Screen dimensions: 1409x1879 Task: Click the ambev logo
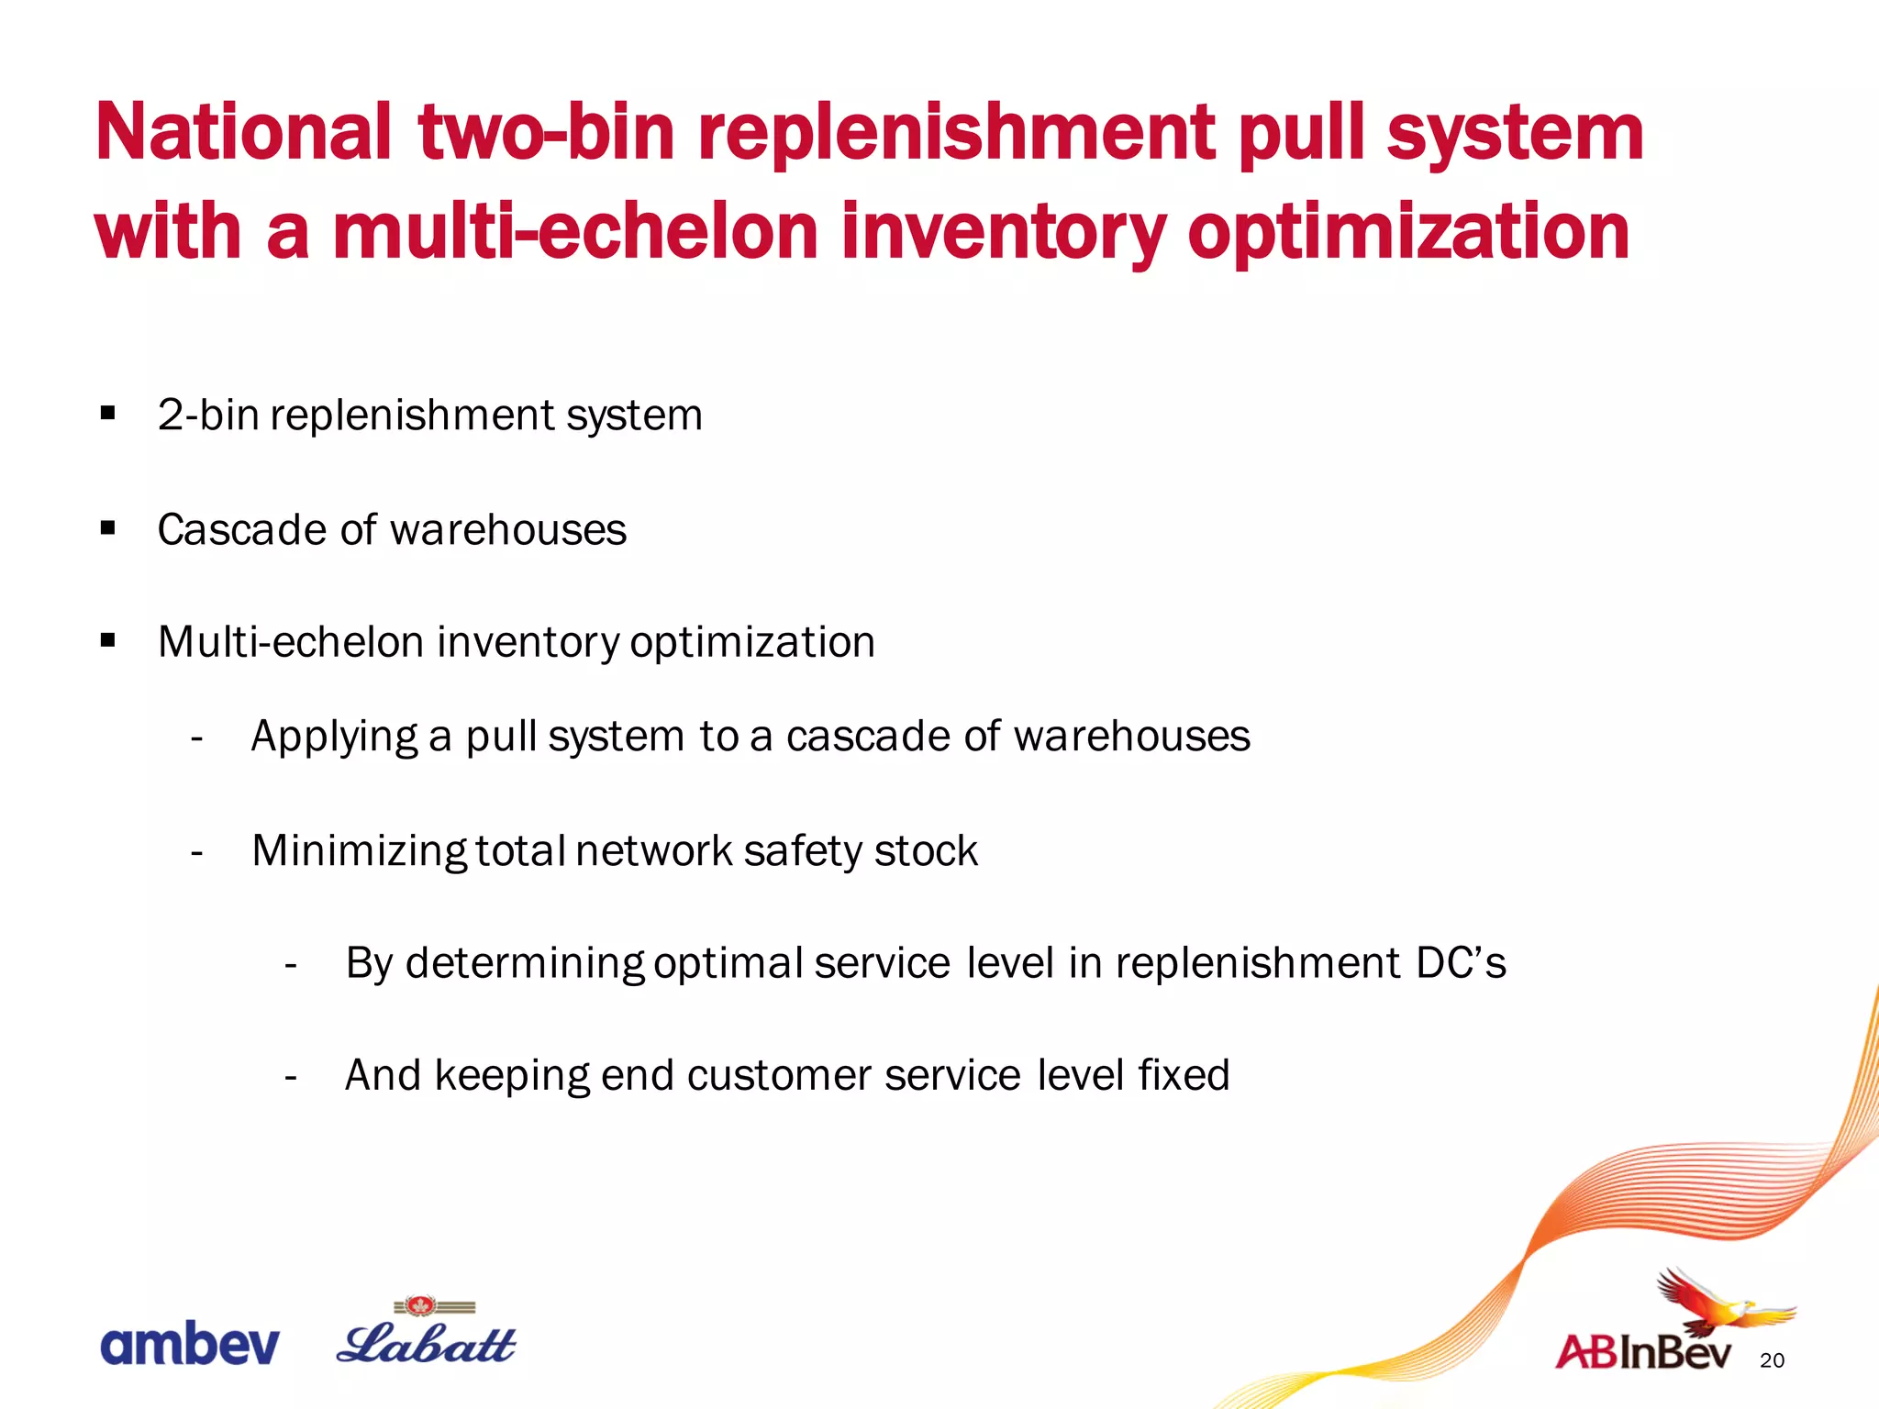189,1345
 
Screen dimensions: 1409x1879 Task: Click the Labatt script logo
426,1345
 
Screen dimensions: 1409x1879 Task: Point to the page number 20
1772,1360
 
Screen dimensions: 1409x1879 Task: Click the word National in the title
243,133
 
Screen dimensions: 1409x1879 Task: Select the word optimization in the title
1408,232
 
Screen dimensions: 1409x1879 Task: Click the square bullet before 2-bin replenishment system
108,414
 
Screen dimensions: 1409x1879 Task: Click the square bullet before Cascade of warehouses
108,528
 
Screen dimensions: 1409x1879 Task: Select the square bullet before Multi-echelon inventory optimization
108,640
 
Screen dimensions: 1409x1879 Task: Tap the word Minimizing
359,851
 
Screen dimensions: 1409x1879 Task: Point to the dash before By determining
291,965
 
